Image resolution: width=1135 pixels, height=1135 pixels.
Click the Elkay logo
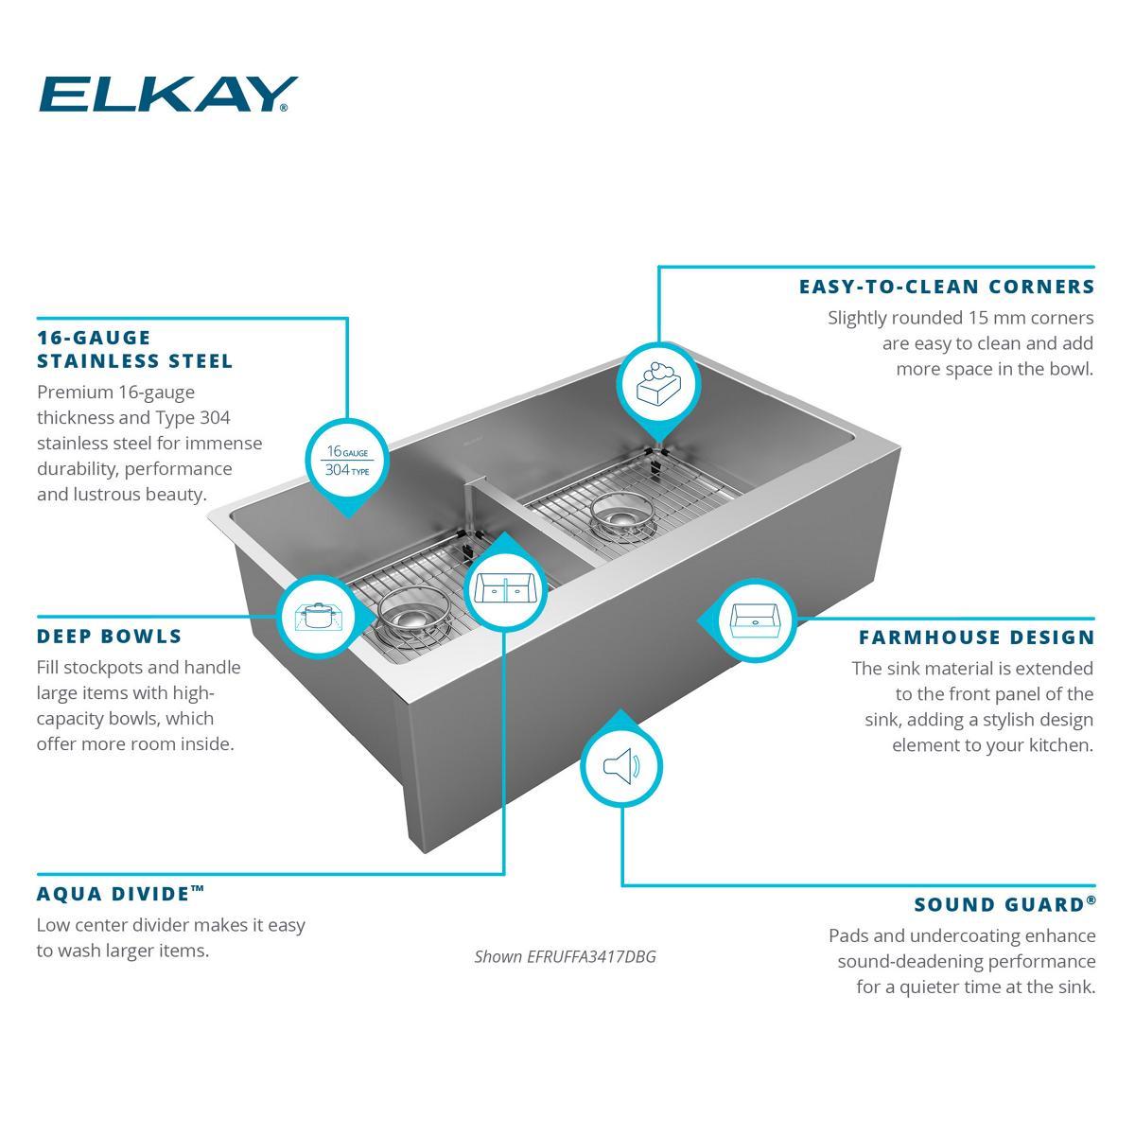(x=168, y=95)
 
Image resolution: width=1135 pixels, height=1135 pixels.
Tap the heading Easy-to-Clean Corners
(x=947, y=287)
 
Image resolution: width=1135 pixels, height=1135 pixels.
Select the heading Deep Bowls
(x=110, y=637)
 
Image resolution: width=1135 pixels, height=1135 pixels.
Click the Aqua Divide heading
(x=120, y=894)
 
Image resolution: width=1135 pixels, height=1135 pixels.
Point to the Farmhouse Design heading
(x=976, y=637)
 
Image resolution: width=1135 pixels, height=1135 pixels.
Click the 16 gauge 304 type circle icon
(x=347, y=461)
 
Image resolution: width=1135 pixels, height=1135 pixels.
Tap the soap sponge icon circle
(x=658, y=384)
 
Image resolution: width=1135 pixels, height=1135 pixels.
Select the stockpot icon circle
(x=318, y=617)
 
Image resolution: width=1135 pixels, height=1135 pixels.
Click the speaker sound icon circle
(x=621, y=766)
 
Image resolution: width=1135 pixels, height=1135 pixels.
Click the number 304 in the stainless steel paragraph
(x=215, y=418)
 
